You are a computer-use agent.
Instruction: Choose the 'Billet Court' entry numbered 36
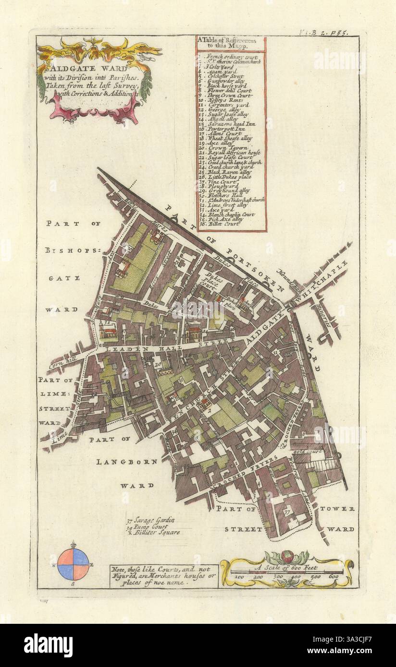(223, 224)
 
